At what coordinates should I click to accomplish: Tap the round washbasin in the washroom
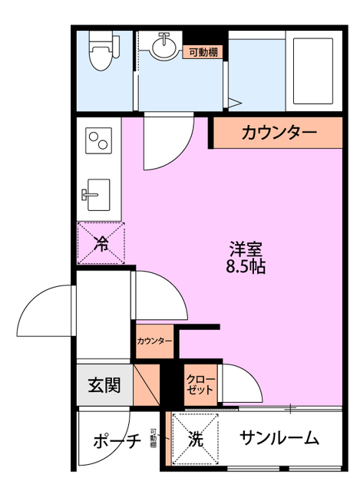click(163, 48)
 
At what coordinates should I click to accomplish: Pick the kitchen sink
click(97, 192)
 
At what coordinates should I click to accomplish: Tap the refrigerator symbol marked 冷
click(101, 243)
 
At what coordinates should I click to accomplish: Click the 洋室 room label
click(246, 249)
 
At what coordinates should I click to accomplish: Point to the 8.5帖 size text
click(246, 268)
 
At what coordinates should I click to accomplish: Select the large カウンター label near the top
click(279, 133)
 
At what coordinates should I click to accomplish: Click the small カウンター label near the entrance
click(154, 341)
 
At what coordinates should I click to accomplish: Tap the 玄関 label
click(104, 385)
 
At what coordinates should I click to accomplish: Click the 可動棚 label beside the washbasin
click(203, 53)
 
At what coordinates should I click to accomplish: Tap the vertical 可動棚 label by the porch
click(154, 438)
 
